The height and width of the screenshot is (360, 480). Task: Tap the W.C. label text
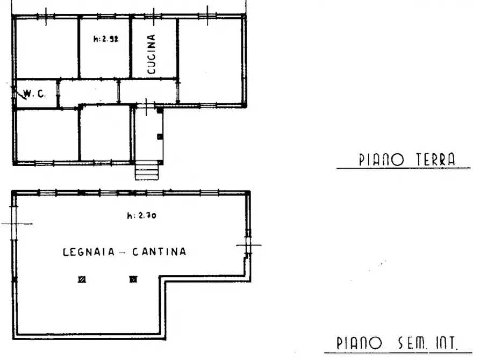pos(35,94)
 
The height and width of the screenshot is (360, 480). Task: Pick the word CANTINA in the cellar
pos(160,251)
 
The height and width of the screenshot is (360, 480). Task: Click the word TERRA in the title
pos(435,160)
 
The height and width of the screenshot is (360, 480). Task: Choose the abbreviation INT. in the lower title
pos(447,343)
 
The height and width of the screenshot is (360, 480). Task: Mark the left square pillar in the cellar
pos(82,279)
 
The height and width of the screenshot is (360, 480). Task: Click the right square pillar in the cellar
pos(133,279)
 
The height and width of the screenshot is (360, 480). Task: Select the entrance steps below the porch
pos(147,172)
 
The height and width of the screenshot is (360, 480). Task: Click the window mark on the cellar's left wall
pos(14,224)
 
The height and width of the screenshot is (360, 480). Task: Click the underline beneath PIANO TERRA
pos(403,169)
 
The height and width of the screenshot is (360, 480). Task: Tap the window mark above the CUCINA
pos(154,16)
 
